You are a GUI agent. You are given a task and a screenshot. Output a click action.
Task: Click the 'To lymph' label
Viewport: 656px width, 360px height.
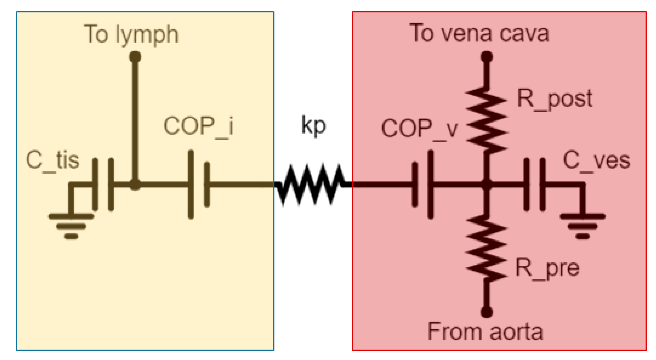coord(131,34)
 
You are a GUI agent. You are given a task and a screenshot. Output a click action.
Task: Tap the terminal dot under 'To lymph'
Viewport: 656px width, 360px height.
coord(135,57)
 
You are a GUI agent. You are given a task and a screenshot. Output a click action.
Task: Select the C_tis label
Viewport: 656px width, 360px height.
coord(52,160)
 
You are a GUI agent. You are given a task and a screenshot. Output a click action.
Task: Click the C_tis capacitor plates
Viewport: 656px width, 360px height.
coord(103,184)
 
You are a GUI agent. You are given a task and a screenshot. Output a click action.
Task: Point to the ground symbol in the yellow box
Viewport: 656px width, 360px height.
coord(71,226)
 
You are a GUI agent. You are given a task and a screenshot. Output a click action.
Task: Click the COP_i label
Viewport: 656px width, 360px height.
coord(198,126)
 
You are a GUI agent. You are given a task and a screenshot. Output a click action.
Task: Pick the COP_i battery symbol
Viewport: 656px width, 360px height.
coord(199,184)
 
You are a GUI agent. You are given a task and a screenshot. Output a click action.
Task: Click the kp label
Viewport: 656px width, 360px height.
coord(313,125)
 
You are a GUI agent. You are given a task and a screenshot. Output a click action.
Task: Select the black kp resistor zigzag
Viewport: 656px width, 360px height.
coord(313,184)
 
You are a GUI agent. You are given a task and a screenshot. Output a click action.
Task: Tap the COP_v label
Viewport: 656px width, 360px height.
coord(419,129)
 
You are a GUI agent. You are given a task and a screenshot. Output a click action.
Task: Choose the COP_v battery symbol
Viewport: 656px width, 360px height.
coord(423,184)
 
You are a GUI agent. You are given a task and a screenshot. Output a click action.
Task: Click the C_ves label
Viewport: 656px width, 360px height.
coord(596,161)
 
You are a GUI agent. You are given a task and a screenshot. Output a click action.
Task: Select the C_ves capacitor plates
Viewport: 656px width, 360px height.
coord(535,184)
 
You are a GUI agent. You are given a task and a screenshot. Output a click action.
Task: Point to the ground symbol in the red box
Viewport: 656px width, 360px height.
coord(582,226)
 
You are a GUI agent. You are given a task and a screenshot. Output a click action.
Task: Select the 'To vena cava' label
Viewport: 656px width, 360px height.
coord(479,34)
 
